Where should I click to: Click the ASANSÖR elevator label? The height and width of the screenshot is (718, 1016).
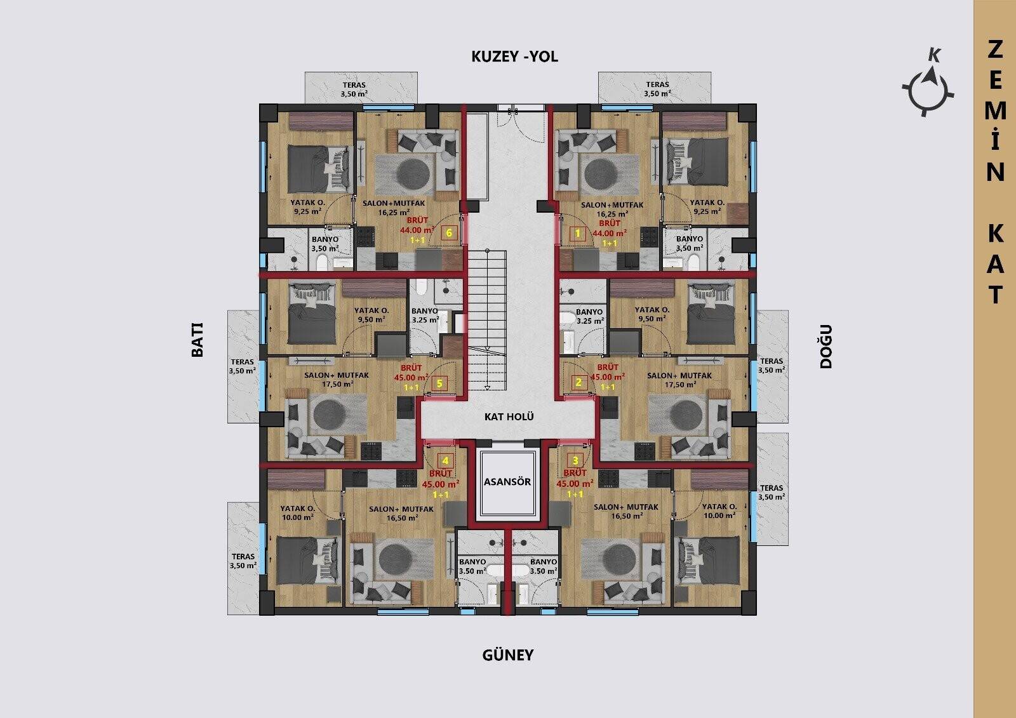click(507, 481)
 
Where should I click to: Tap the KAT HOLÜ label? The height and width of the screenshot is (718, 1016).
click(509, 416)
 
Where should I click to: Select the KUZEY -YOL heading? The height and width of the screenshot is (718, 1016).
click(515, 57)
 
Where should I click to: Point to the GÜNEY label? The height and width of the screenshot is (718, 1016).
click(508, 655)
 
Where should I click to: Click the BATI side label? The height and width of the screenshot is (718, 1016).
click(197, 340)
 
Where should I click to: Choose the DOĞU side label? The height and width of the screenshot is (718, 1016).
click(826, 346)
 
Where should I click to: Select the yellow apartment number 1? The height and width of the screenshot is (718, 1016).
click(577, 234)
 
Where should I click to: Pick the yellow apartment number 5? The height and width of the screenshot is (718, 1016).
click(439, 383)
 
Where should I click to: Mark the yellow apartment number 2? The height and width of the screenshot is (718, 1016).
click(578, 382)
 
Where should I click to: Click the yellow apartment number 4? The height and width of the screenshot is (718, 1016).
click(445, 461)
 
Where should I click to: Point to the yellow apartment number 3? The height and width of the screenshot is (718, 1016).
click(575, 461)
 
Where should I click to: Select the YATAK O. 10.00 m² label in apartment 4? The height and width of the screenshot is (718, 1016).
click(298, 512)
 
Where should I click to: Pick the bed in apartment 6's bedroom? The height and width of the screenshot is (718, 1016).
click(320, 169)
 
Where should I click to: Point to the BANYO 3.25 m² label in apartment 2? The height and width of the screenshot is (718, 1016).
click(590, 316)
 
